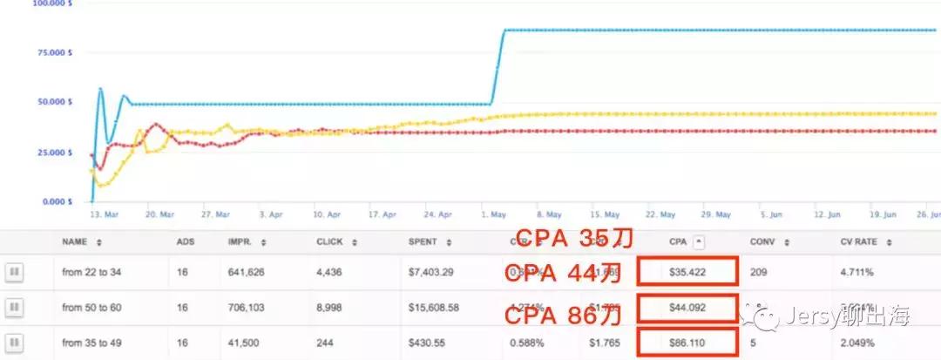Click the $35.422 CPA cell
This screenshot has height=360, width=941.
(687, 272)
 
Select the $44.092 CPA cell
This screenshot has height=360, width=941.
(687, 307)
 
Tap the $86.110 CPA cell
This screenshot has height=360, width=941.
(687, 343)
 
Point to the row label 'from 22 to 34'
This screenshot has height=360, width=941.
(91, 273)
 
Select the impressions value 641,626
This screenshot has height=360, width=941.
(250, 273)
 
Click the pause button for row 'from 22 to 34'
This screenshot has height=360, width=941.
(13, 273)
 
